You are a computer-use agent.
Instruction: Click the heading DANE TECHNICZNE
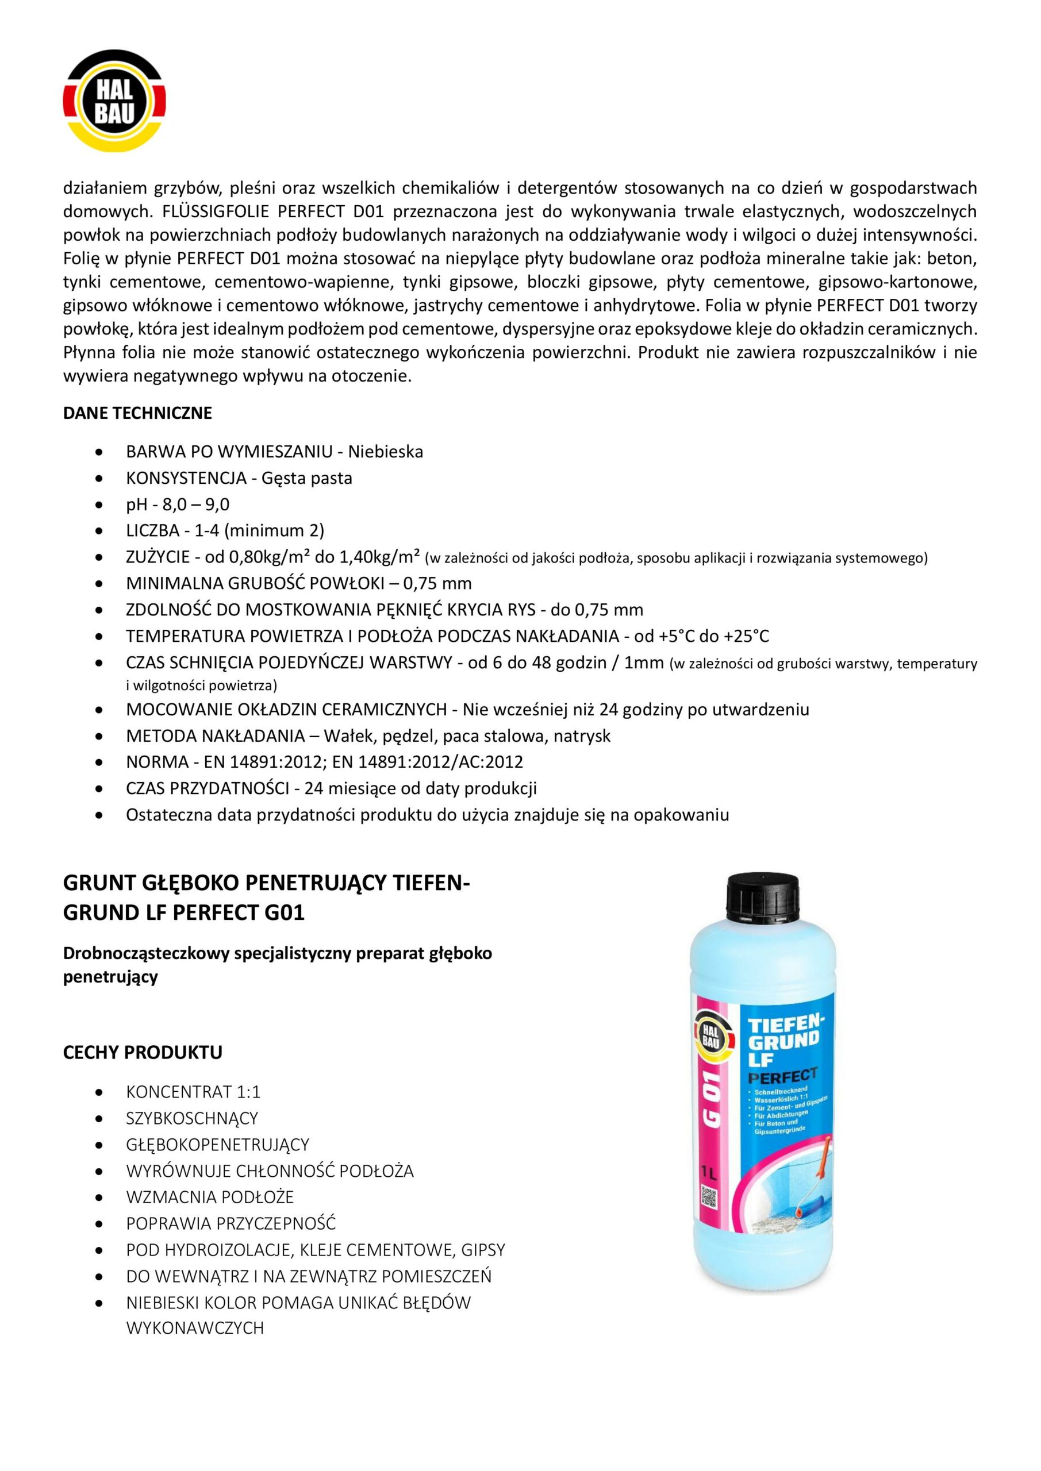pos(137,413)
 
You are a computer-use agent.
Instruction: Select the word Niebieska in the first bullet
pos(385,452)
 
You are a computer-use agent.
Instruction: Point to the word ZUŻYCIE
pos(158,557)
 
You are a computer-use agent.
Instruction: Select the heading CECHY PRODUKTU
pos(143,1052)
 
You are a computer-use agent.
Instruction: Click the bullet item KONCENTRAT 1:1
pos(193,1091)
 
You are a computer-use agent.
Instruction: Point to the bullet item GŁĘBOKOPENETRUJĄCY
pos(217,1144)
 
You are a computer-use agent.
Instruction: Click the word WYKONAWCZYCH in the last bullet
pos(195,1328)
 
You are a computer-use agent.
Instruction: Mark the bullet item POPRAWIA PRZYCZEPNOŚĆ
pos(231,1223)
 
